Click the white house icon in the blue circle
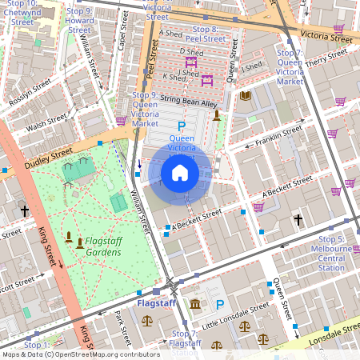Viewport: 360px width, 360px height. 180,173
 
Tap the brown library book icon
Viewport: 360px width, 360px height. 246,96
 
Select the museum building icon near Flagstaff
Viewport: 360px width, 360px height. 195,304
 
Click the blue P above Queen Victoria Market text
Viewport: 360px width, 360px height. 181,126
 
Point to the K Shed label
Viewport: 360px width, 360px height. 174,78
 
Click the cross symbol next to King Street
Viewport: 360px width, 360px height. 25,211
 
